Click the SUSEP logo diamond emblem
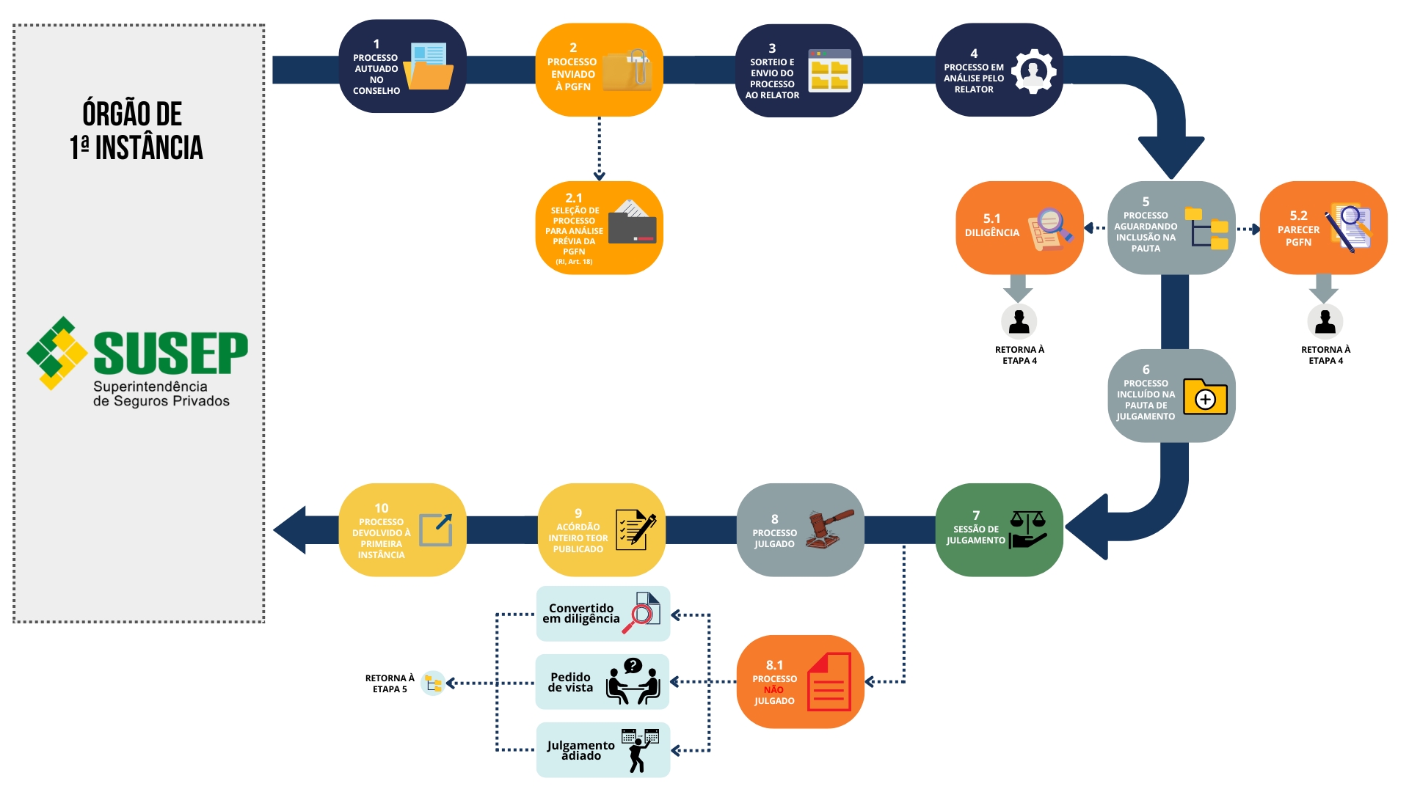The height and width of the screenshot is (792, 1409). click(57, 353)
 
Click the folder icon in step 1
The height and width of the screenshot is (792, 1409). click(429, 67)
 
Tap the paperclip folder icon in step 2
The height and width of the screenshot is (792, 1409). click(628, 70)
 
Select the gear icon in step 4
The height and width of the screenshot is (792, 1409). click(1033, 71)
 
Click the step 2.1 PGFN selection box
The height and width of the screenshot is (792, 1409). click(599, 228)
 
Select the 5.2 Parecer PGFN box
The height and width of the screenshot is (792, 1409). click(1322, 228)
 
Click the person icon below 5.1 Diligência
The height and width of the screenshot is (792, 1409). click(1019, 321)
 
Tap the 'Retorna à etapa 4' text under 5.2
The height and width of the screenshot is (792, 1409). click(1325, 355)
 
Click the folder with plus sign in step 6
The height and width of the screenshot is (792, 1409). click(1204, 397)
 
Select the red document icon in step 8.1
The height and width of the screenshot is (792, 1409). click(829, 682)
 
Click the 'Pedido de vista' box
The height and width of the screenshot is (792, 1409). click(602, 682)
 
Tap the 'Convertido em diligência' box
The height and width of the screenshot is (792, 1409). click(602, 614)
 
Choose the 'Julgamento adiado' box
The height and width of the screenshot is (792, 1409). click(602, 750)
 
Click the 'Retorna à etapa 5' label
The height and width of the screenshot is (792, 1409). click(390, 683)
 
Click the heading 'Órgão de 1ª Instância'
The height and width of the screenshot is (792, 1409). click(136, 131)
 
